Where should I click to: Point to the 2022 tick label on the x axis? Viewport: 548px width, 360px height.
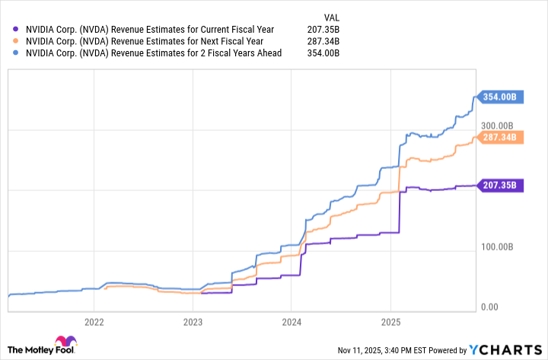click(x=94, y=321)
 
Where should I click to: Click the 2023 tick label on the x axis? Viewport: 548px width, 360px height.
click(x=193, y=321)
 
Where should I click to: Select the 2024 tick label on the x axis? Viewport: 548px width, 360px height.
click(x=291, y=321)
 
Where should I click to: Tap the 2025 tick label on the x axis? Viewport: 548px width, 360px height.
click(x=390, y=321)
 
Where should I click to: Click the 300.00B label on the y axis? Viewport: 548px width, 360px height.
click(x=499, y=126)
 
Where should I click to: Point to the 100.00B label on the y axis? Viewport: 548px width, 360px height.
click(x=499, y=247)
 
